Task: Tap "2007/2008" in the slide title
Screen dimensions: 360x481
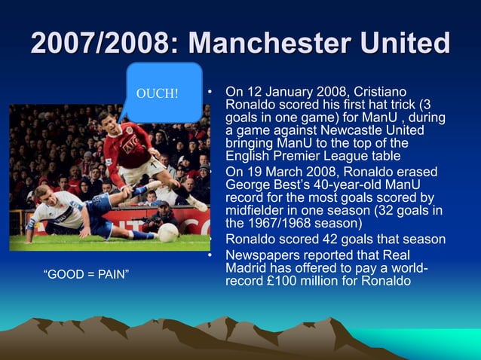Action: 89,44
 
